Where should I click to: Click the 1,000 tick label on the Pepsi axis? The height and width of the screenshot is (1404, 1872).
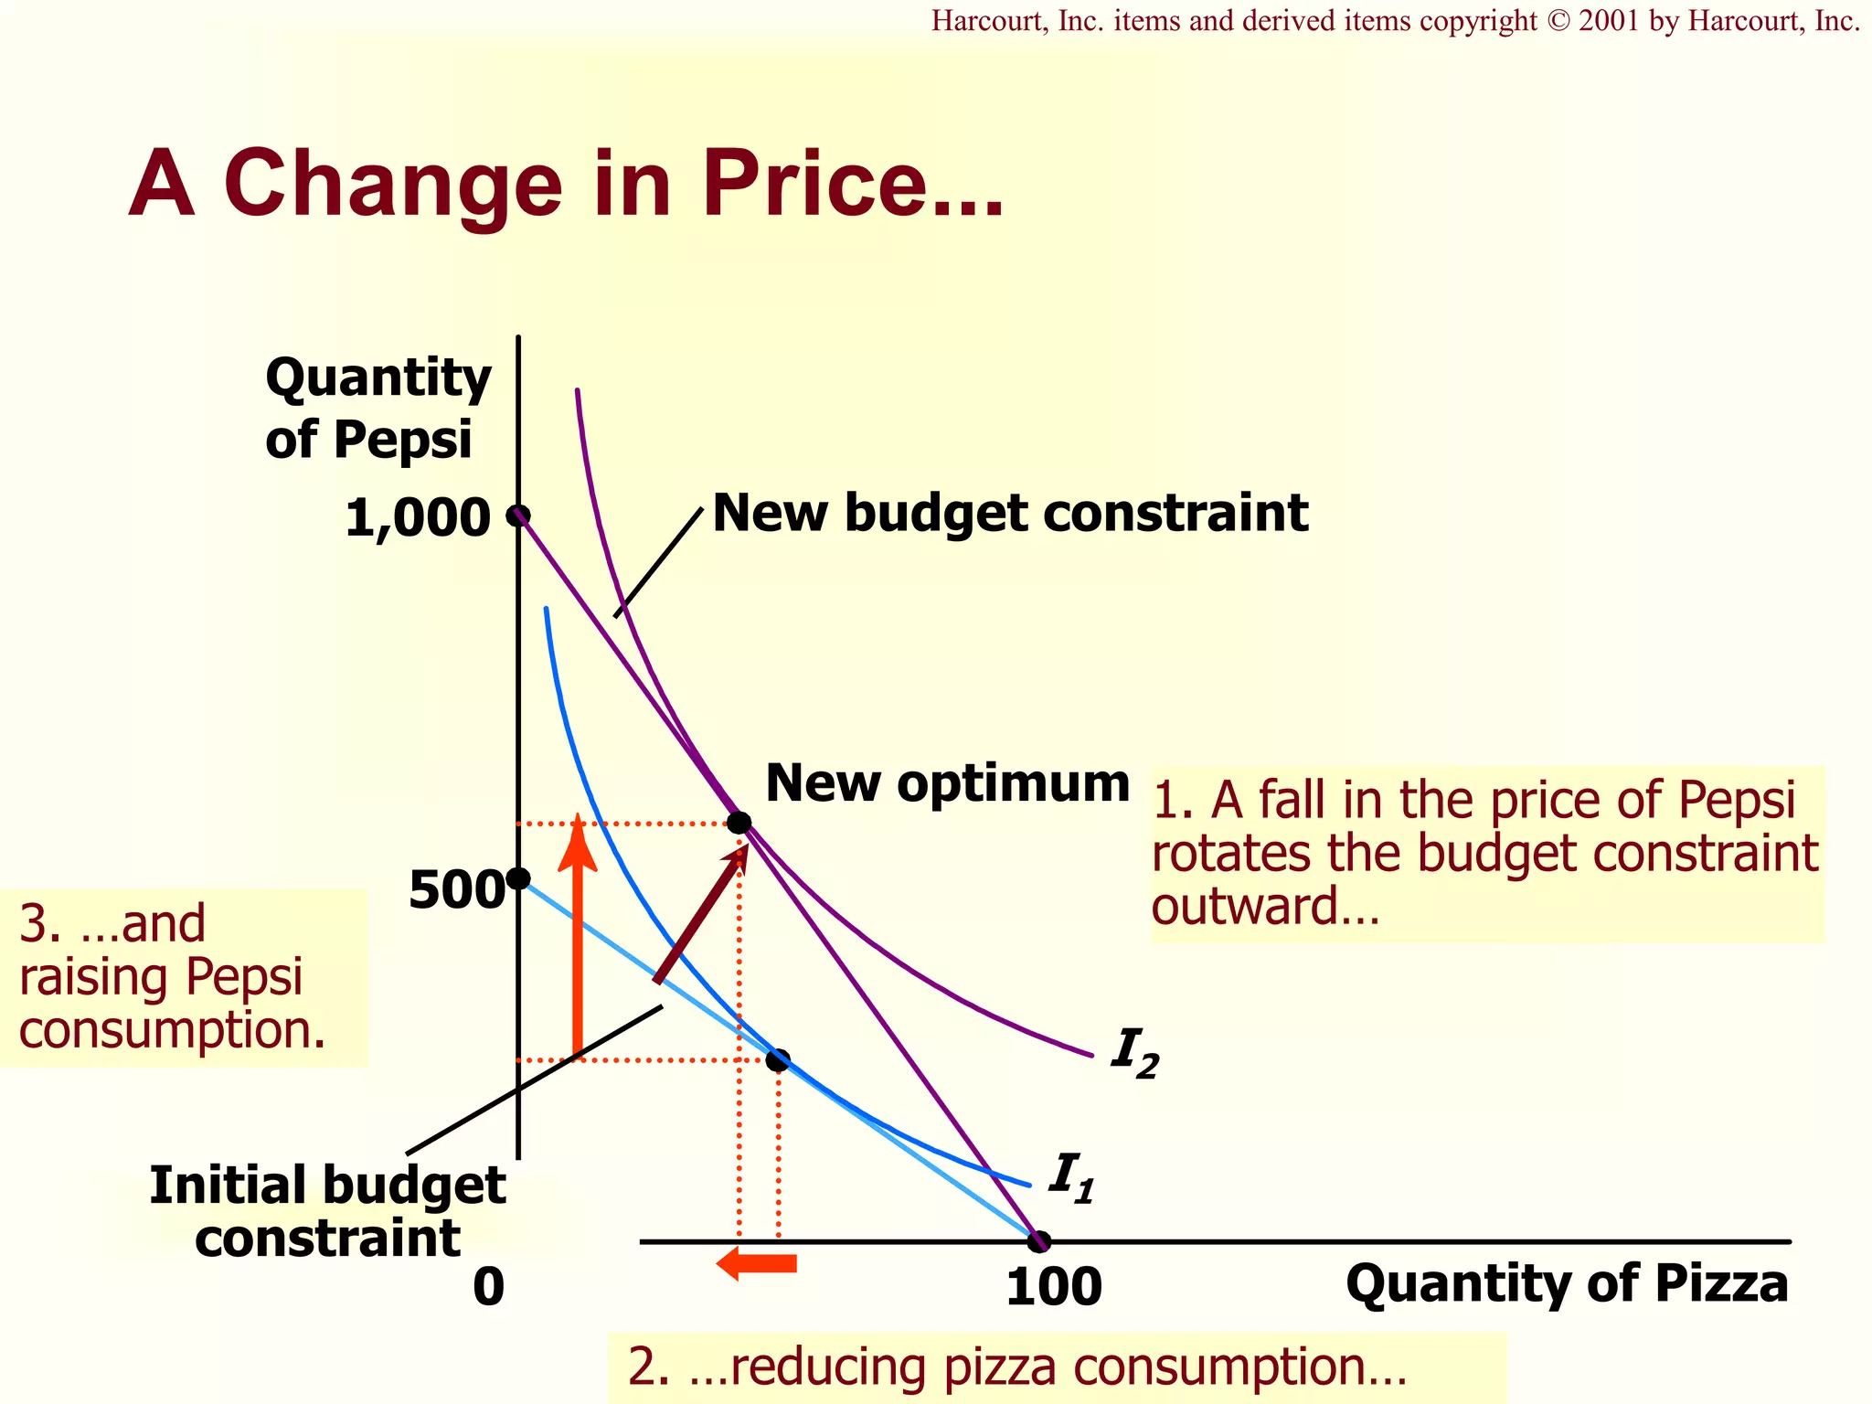[418, 519]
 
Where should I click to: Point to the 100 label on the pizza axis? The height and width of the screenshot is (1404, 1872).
[1053, 1287]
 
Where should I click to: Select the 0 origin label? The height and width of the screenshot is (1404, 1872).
[489, 1287]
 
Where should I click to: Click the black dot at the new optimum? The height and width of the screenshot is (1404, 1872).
[739, 823]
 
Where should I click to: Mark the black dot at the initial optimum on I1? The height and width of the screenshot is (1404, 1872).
[778, 1060]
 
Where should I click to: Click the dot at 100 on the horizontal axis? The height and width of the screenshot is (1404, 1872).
[1038, 1241]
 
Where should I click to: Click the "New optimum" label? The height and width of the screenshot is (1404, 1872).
[947, 783]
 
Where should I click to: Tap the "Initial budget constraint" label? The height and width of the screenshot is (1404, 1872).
[327, 1211]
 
